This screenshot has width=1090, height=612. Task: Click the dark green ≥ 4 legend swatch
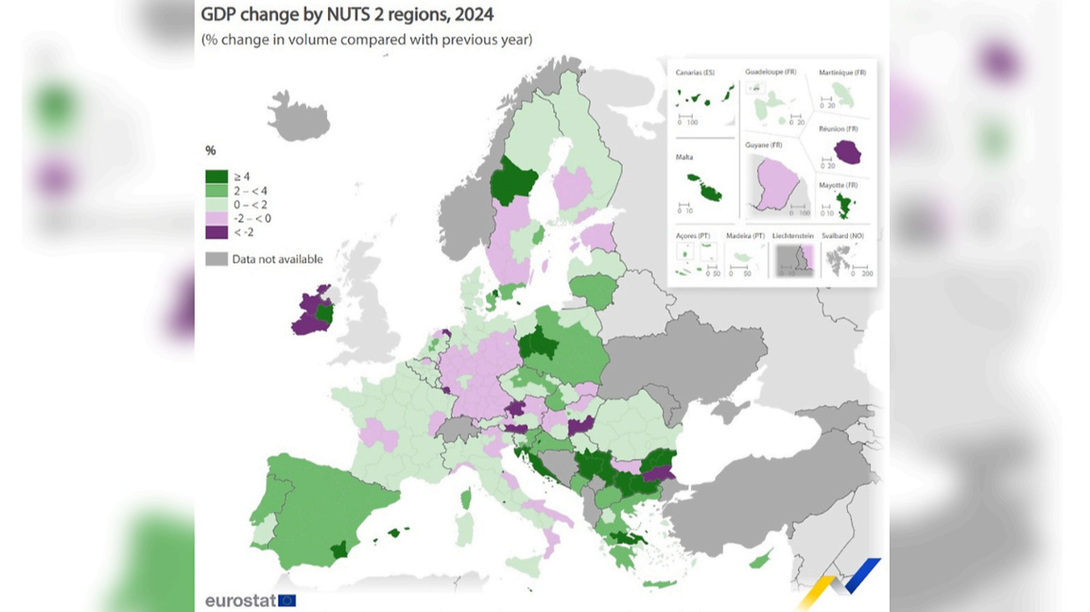[216, 177]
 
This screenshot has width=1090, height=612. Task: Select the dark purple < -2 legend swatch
[216, 232]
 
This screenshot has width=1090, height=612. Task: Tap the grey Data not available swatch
[216, 259]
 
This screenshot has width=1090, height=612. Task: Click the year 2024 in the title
[475, 15]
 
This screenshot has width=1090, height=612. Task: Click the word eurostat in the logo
[240, 601]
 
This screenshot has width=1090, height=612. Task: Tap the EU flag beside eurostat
[287, 601]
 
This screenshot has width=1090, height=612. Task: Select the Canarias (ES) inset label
[696, 72]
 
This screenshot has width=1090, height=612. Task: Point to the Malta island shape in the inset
[704, 186]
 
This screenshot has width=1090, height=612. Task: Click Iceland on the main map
[299, 120]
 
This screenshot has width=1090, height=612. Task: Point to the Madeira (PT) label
[745, 235]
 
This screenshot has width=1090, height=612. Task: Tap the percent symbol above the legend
[211, 150]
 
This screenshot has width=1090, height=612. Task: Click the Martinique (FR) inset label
[843, 72]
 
